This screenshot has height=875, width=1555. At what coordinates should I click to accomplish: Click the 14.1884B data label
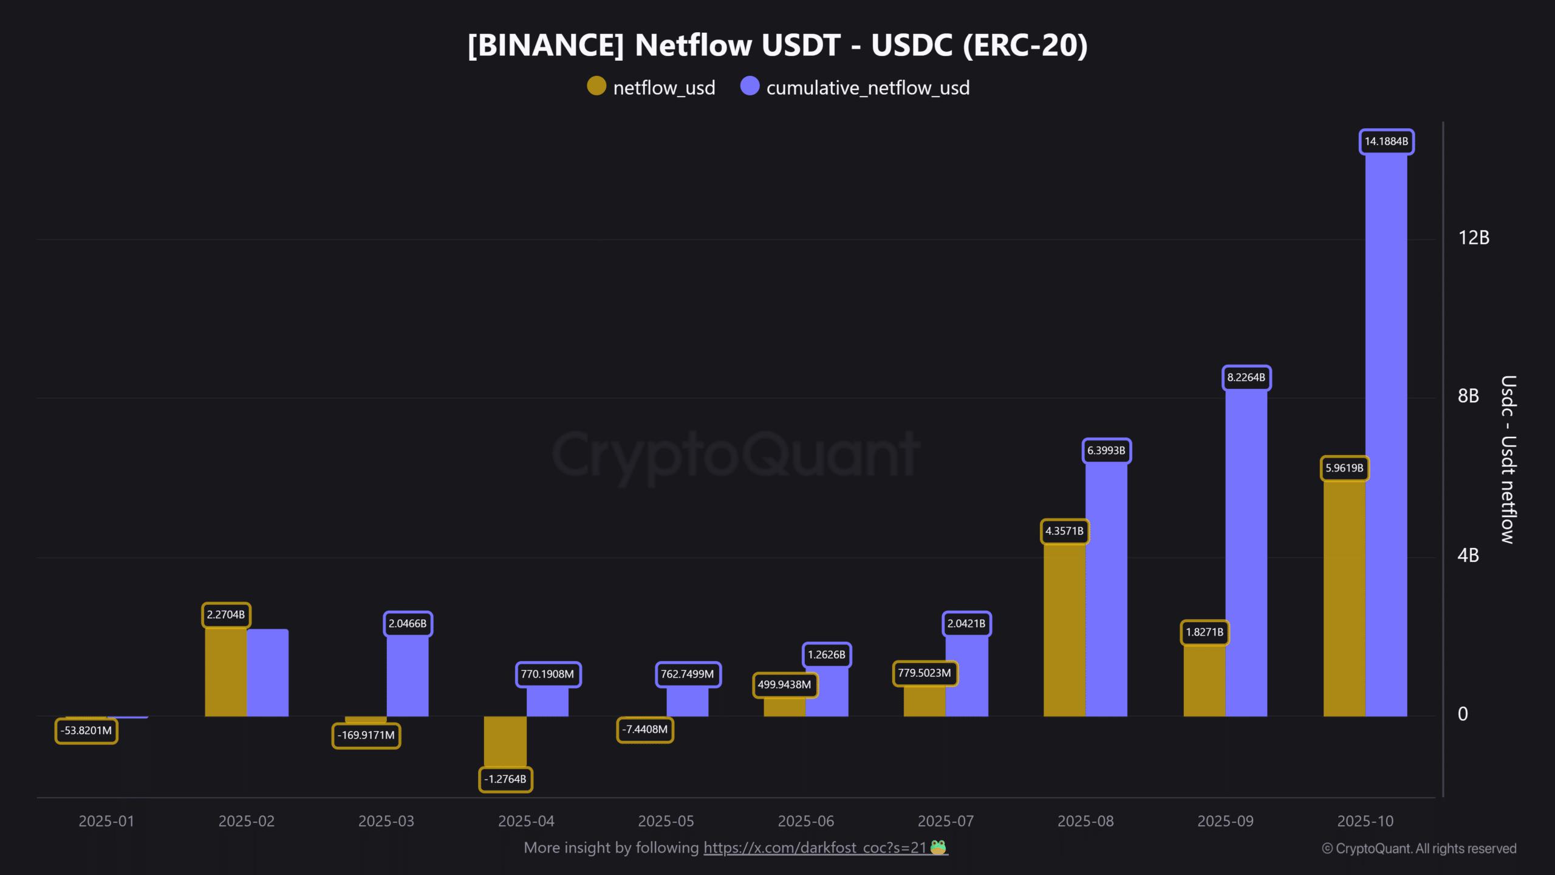[1386, 142]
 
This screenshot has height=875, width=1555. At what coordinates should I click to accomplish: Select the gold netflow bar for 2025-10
[1344, 599]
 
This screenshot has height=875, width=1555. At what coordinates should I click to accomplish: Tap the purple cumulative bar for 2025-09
[1246, 553]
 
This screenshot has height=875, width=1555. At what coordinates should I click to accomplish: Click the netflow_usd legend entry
[651, 87]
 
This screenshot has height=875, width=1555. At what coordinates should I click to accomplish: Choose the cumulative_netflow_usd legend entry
[855, 87]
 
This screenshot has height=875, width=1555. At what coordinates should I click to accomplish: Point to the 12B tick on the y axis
[1474, 238]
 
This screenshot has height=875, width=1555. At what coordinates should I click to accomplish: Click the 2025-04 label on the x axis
[526, 821]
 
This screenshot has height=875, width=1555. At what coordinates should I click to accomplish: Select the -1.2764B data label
[505, 779]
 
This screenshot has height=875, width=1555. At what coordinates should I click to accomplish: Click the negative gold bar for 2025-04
[505, 741]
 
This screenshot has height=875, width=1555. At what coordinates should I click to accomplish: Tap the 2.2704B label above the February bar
[226, 615]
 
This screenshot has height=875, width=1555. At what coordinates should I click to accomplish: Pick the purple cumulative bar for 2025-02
[267, 673]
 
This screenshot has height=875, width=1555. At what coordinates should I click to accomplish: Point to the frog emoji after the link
[938, 847]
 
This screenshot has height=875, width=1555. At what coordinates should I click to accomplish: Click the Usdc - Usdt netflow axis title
[1508, 459]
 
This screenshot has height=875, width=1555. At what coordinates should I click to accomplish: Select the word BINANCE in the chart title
[545, 46]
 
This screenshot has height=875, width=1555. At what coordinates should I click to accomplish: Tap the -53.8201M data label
[86, 730]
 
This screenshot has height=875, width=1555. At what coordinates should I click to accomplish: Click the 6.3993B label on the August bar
[1106, 451]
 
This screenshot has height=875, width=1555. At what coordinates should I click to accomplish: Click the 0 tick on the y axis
[1463, 714]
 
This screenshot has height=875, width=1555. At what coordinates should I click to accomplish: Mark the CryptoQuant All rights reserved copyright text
[1419, 849]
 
